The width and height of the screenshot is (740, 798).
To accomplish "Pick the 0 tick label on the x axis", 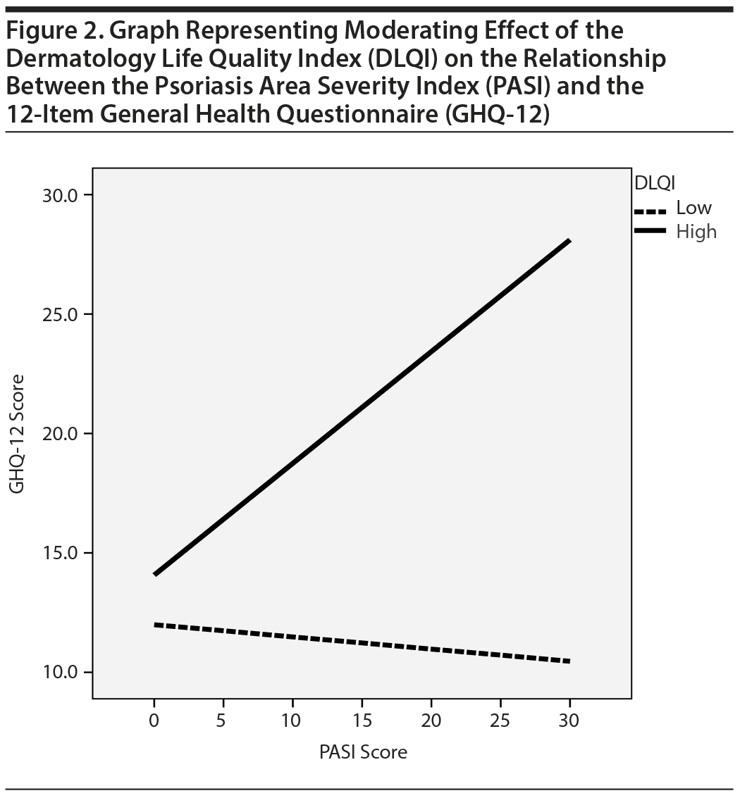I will click(154, 721).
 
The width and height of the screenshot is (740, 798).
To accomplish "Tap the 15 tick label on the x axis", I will click(362, 721).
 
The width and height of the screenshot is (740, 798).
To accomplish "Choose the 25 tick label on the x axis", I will click(500, 721).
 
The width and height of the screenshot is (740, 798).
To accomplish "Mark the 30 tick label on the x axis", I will click(569, 721).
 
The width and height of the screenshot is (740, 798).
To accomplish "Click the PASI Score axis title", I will click(363, 752).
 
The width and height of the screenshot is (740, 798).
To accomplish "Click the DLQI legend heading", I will click(655, 183).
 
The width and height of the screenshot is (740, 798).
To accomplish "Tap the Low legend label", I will click(693, 208).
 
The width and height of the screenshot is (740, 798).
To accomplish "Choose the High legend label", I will click(696, 231).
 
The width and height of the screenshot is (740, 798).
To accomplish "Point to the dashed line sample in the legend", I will click(650, 210).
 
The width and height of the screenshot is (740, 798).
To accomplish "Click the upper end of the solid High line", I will click(568, 242).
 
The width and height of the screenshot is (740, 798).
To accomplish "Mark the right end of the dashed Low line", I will click(568, 661).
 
